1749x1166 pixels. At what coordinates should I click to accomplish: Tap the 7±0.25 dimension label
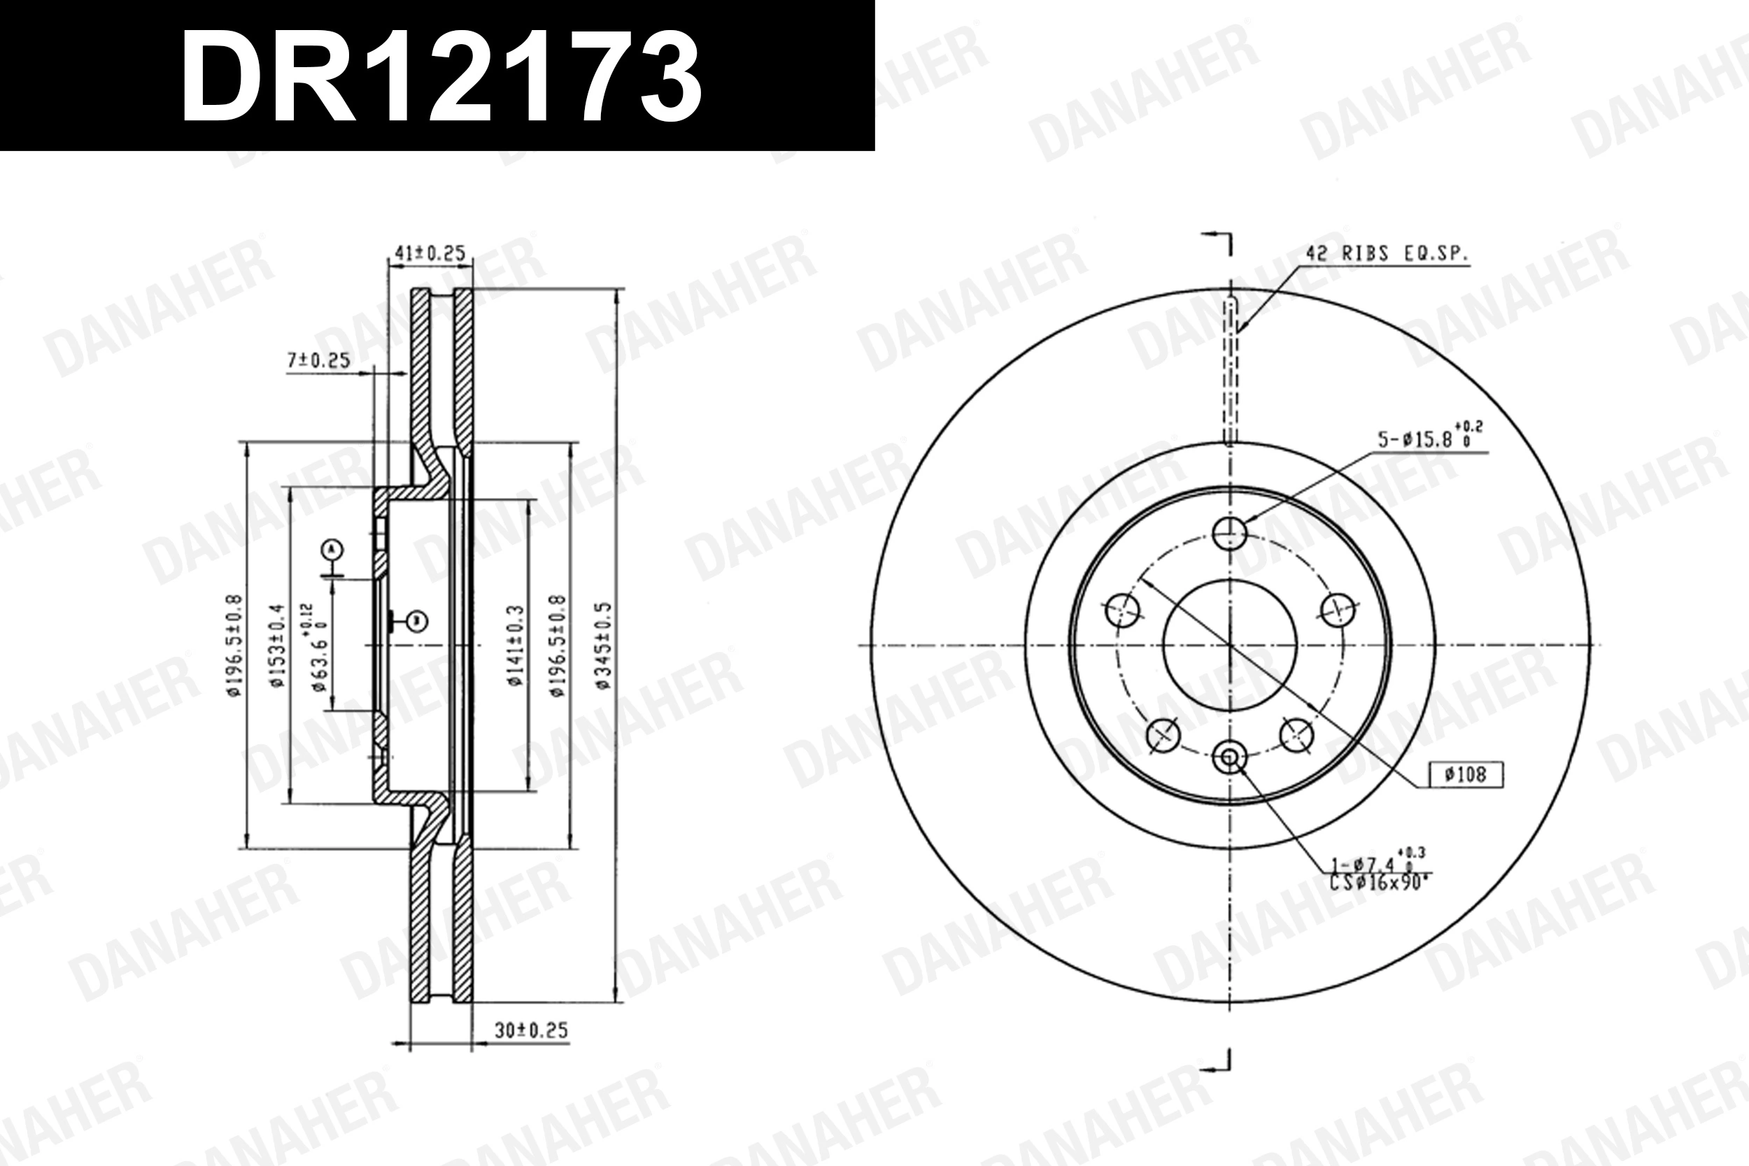click(318, 361)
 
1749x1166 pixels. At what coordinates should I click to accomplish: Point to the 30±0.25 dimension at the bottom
click(530, 1031)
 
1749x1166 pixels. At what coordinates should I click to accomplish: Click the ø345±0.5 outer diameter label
click(603, 646)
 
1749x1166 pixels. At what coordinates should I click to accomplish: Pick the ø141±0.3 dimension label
click(516, 646)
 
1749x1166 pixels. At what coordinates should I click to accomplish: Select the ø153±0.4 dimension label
click(276, 646)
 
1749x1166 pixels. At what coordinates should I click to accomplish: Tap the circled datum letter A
click(332, 550)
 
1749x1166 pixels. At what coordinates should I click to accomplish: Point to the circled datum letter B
click(418, 620)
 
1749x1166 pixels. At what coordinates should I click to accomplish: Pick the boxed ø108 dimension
click(1466, 775)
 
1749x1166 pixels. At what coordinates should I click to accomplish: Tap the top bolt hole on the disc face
click(1229, 532)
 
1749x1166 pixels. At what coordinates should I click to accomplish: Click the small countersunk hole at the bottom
click(1229, 758)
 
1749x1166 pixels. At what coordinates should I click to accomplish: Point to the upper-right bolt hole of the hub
click(1337, 610)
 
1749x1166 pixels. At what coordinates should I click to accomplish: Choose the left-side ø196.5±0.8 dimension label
click(234, 646)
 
